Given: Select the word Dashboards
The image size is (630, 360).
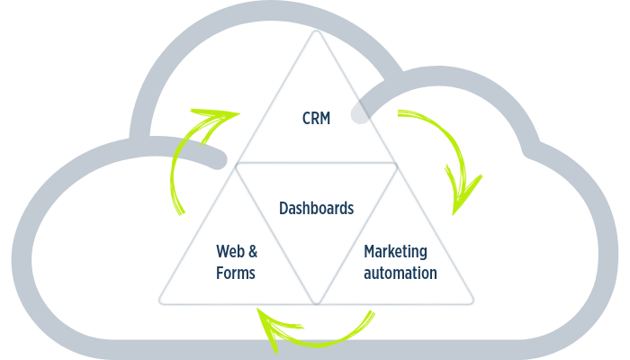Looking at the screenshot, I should point(316,208).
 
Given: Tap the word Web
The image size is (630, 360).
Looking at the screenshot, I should point(231,249).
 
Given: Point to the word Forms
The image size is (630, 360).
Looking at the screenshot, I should point(236,272).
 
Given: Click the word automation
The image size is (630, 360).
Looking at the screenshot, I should point(400,272).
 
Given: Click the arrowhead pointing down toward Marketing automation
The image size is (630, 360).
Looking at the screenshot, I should point(460,202).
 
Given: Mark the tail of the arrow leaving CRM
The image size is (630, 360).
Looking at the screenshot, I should point(401,114).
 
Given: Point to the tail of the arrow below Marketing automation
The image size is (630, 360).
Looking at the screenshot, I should point(372,314).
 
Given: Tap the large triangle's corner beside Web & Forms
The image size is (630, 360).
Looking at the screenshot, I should point(161,301).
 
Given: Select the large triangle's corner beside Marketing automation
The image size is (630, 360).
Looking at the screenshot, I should point(472,301).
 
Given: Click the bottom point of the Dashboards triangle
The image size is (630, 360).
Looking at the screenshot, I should point(316,301).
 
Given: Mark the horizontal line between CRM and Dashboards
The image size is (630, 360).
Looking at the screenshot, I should point(316,166).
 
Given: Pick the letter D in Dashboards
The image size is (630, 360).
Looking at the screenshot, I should point(283,208).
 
